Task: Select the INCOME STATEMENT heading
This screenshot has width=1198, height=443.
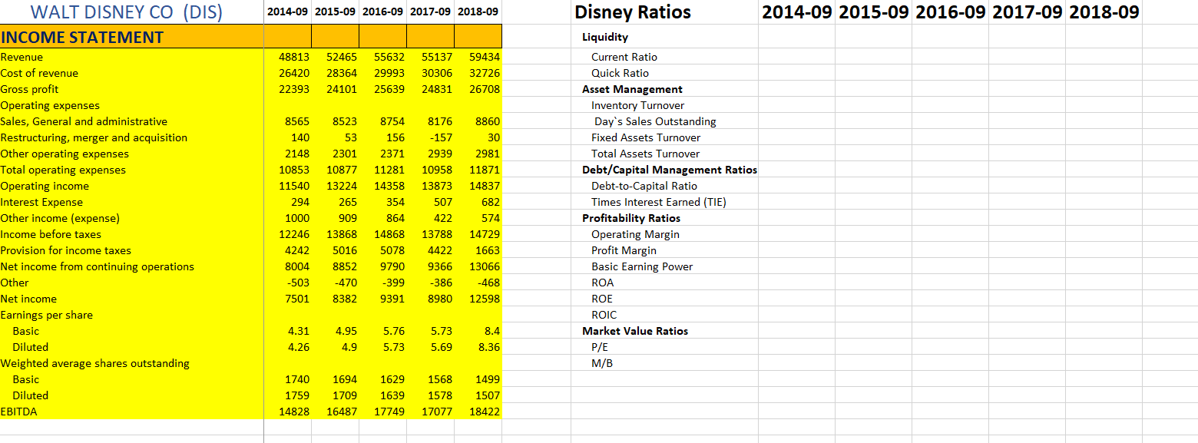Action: click(x=82, y=37)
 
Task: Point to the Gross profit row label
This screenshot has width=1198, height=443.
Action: click(x=29, y=89)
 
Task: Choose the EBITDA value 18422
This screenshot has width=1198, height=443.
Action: click(x=484, y=412)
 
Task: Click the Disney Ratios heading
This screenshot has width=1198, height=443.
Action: click(x=633, y=12)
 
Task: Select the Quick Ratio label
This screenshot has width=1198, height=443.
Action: click(x=620, y=73)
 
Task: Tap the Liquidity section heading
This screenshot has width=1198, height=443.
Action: click(x=605, y=37)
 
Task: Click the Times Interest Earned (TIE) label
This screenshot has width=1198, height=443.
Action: click(x=658, y=202)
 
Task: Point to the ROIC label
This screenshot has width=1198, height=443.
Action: click(x=604, y=315)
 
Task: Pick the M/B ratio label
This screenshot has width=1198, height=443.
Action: click(x=602, y=363)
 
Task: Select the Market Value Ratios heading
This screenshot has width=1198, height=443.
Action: click(x=635, y=331)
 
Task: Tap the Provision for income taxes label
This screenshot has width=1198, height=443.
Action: click(x=66, y=250)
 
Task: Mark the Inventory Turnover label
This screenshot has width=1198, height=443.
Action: click(x=637, y=105)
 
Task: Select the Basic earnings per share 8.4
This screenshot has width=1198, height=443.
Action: click(x=492, y=331)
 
